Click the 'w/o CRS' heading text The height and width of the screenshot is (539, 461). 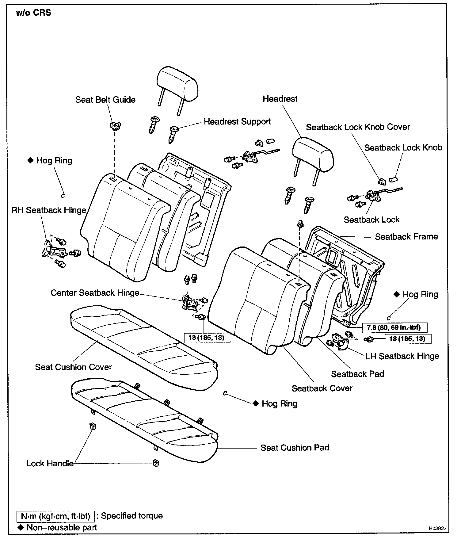click(33, 13)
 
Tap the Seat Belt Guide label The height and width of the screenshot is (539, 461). click(105, 100)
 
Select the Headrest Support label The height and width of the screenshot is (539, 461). click(237, 122)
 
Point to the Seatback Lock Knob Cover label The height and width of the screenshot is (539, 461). click(358, 127)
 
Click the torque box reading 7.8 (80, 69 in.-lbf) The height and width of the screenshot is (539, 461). click(395, 327)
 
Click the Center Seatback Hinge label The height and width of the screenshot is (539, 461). click(95, 293)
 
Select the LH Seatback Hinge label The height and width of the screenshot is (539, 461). click(402, 356)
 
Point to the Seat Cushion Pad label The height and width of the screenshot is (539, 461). click(295, 448)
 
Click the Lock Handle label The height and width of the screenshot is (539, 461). click(50, 463)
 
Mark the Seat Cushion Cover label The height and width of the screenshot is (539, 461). click(74, 367)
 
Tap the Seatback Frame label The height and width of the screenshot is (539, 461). click(406, 237)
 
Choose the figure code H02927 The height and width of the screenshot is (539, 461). click(438, 529)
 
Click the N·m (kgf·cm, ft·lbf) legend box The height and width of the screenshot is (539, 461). click(55, 516)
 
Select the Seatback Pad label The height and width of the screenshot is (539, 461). click(357, 374)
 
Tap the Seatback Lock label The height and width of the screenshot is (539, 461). click(371, 220)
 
